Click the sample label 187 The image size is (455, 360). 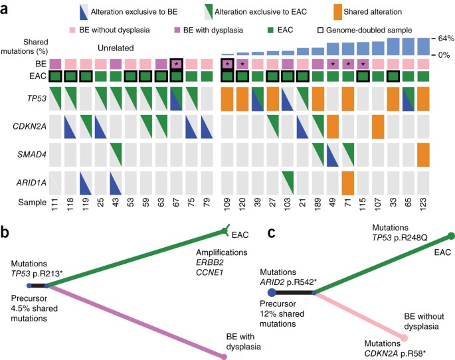(x=318, y=203)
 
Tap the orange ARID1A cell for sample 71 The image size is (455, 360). (x=348, y=183)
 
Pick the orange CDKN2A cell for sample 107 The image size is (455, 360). (x=378, y=126)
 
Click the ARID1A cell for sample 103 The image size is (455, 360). (x=288, y=183)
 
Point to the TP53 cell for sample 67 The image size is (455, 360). (x=177, y=98)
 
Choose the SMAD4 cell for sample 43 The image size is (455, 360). (x=116, y=154)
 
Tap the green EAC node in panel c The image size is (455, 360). (x=450, y=236)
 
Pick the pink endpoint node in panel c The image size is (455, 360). (x=403, y=337)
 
